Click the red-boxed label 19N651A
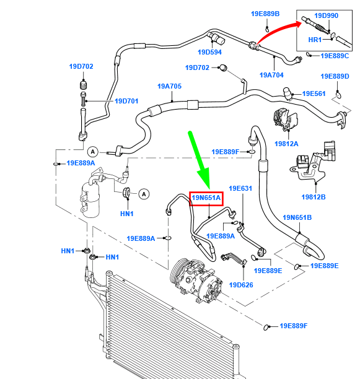206,198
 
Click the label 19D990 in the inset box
326,15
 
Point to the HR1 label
315,40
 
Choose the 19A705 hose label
169,86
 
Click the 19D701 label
126,101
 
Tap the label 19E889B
265,14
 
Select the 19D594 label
209,52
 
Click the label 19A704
271,75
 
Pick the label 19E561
314,94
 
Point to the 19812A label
286,144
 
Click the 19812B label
314,197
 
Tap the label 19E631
240,188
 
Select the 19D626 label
241,285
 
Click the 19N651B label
297,217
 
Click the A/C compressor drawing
196,281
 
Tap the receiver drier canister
90,199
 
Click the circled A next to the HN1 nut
144,194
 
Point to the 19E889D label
335,76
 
